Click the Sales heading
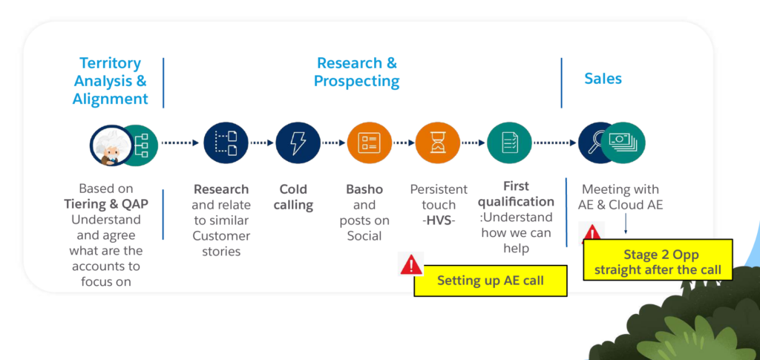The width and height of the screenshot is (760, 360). pyautogui.click(x=603, y=79)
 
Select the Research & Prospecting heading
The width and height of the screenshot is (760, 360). pyautogui.click(x=357, y=72)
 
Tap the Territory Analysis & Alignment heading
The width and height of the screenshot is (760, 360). pyautogui.click(x=111, y=81)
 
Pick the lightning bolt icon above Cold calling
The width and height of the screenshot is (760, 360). pyautogui.click(x=298, y=143)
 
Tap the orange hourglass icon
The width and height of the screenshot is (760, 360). pyautogui.click(x=438, y=143)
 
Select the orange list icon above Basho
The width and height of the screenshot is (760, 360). pyautogui.click(x=369, y=143)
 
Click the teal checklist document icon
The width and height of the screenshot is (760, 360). pyautogui.click(x=509, y=143)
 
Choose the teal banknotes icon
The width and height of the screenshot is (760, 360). pyautogui.click(x=623, y=143)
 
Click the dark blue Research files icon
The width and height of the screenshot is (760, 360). pyautogui.click(x=226, y=143)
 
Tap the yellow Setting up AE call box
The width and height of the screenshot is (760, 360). pyautogui.click(x=490, y=281)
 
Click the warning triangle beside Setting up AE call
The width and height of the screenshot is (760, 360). pyautogui.click(x=411, y=264)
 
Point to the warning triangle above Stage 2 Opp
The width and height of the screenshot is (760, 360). pyautogui.click(x=592, y=233)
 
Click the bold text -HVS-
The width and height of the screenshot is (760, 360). pyautogui.click(x=439, y=220)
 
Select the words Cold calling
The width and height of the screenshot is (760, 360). pyautogui.click(x=293, y=197)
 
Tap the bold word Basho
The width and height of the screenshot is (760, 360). pyautogui.click(x=364, y=189)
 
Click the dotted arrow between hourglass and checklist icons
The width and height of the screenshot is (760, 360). pyautogui.click(x=473, y=143)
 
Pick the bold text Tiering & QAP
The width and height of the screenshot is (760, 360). pyautogui.click(x=106, y=204)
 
